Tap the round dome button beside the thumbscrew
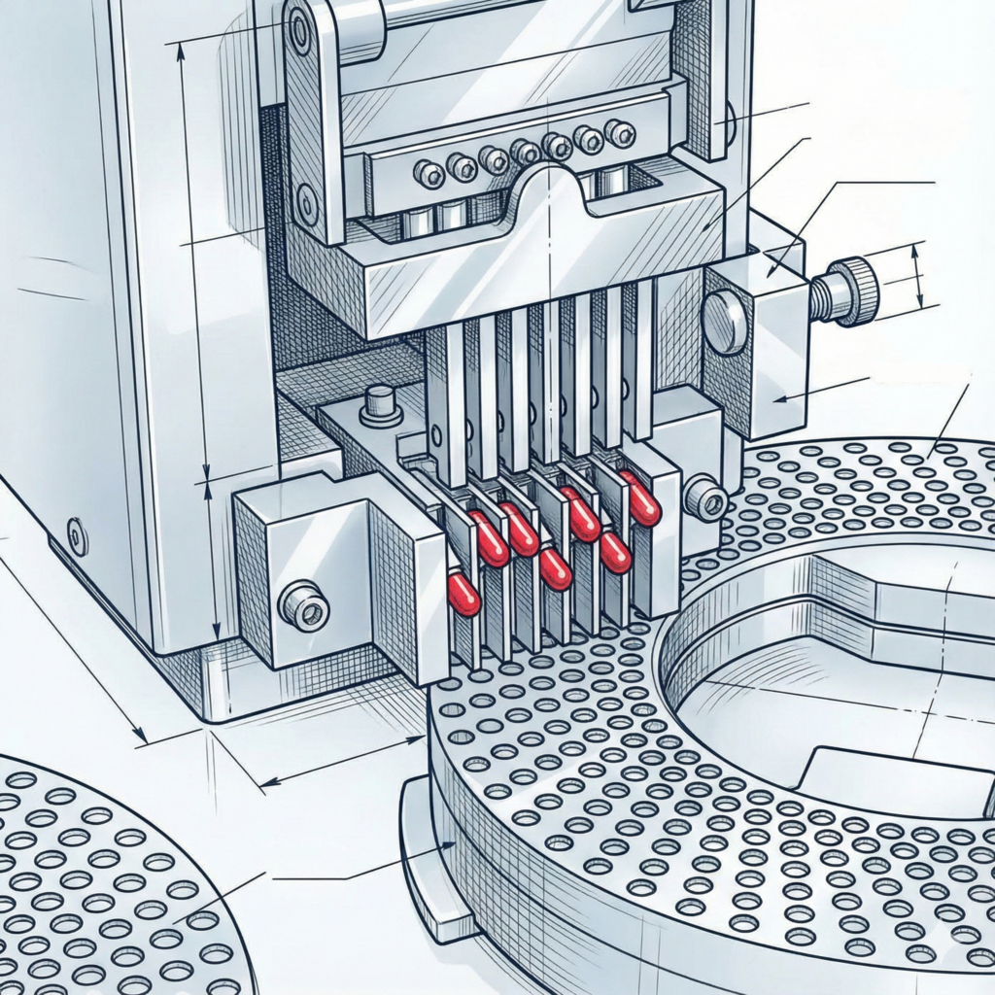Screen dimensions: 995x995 [x=725, y=322]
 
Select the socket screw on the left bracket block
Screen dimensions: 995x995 [x=304, y=608]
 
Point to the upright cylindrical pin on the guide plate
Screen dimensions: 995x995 [x=381, y=402]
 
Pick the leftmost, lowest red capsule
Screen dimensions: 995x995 [x=463, y=594]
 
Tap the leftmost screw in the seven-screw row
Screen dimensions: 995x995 [x=429, y=174]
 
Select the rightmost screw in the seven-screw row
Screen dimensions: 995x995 [x=619, y=133]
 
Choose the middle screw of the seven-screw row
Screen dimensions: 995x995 [x=525, y=153]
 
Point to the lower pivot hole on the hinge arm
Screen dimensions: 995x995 [x=308, y=203]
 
